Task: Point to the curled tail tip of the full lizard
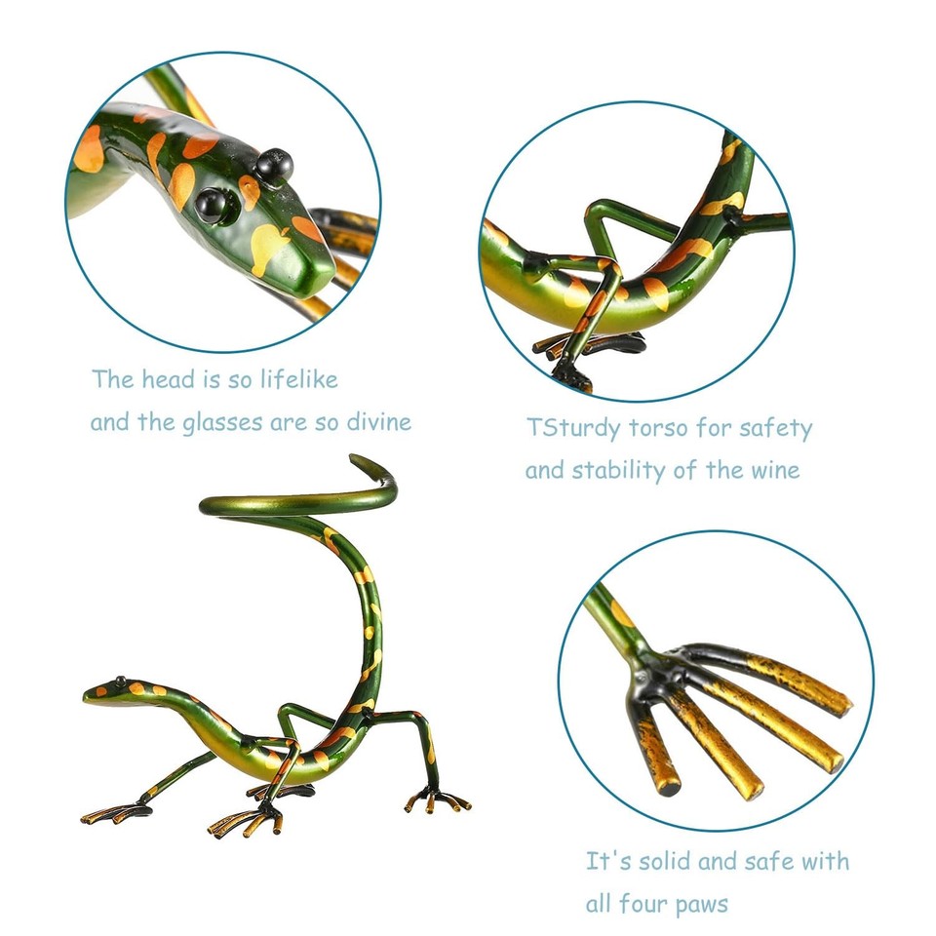click(x=363, y=463)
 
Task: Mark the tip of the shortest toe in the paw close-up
click(x=665, y=780)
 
